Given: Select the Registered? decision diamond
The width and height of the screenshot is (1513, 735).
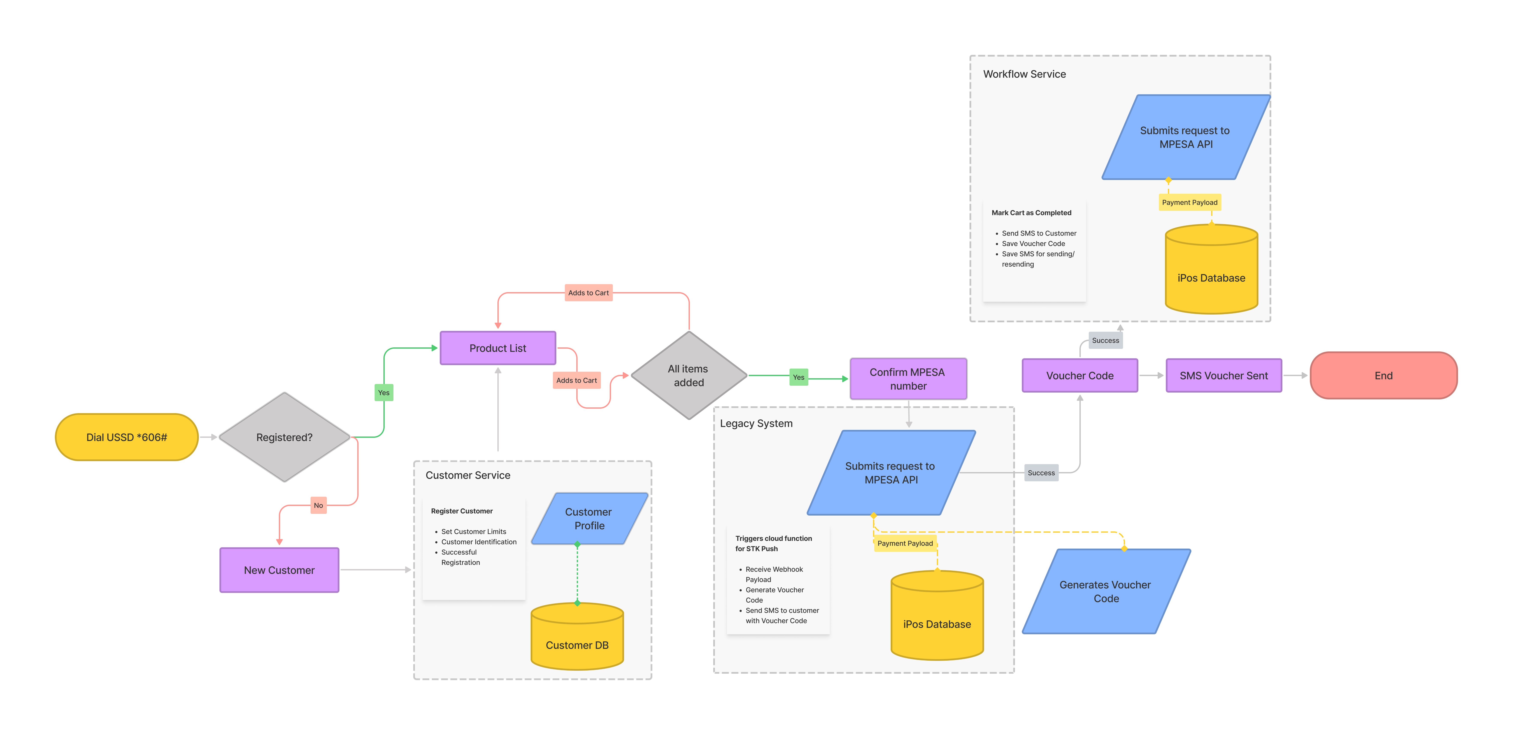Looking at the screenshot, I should click(284, 437).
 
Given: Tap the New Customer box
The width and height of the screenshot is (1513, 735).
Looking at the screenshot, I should click(279, 570).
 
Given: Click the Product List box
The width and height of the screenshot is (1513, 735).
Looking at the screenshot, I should click(497, 348).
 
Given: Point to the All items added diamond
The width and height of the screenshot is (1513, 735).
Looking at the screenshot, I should click(688, 376).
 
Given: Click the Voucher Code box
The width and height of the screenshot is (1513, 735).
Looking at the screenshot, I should click(1079, 376).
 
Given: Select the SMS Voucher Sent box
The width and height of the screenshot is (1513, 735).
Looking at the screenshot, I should click(1223, 376).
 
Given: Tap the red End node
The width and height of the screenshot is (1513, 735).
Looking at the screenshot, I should click(1383, 376).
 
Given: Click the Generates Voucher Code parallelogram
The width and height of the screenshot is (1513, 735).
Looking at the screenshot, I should click(1105, 592).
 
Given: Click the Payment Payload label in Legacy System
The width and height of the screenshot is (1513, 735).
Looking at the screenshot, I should click(905, 544).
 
